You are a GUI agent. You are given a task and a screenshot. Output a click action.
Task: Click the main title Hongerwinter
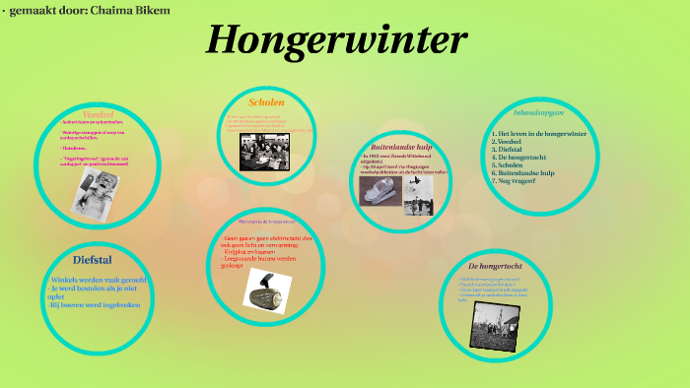pyautogui.click(x=337, y=40)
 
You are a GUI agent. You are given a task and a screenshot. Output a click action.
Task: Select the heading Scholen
pyautogui.click(x=266, y=101)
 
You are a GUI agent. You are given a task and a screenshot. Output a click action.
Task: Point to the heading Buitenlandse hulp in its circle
pyautogui.click(x=400, y=147)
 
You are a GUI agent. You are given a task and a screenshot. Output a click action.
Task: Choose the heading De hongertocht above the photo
pyautogui.click(x=493, y=266)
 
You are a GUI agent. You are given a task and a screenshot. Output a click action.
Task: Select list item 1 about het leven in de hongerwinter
pyautogui.click(x=539, y=133)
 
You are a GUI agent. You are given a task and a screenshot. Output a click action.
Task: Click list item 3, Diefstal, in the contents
pyautogui.click(x=509, y=149)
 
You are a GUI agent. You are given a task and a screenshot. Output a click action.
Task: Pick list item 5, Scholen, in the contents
pyautogui.click(x=508, y=165)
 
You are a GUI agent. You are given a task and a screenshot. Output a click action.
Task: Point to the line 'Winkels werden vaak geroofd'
pyautogui.click(x=98, y=281)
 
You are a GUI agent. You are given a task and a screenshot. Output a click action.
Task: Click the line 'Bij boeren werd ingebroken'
pyautogui.click(x=96, y=305)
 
